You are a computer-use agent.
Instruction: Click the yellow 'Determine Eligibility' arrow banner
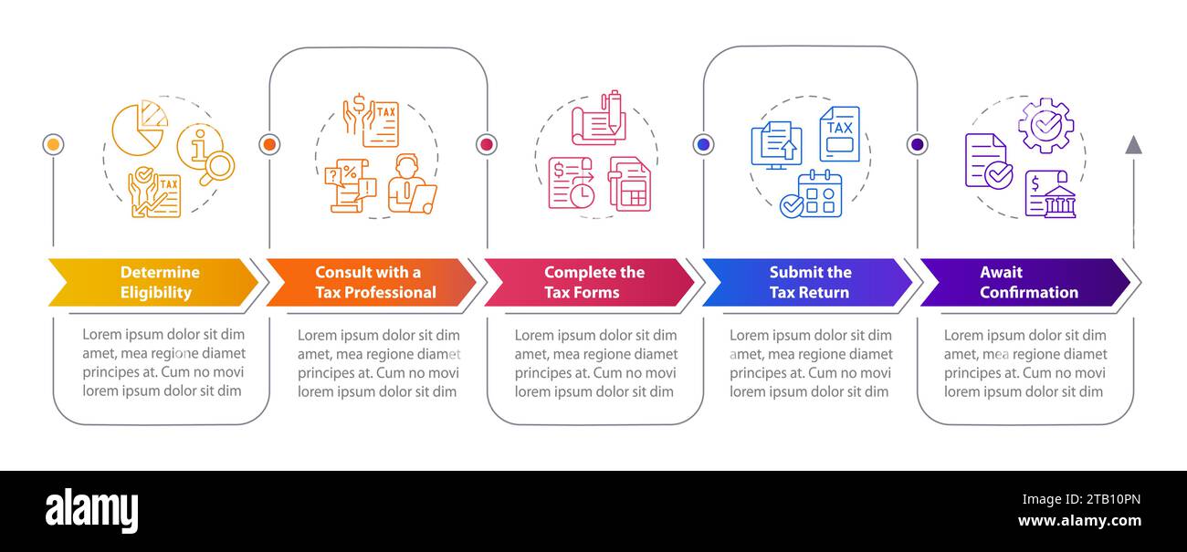[x=152, y=282]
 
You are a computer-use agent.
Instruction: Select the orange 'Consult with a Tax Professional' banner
[x=371, y=282]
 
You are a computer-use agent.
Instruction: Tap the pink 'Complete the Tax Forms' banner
[x=589, y=282]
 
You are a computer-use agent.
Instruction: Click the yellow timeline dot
[x=53, y=144]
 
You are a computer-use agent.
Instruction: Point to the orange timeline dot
[x=269, y=144]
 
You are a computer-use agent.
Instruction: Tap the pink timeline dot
[x=487, y=144]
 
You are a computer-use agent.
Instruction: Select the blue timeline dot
[x=704, y=144]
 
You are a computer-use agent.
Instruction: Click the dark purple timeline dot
[x=918, y=144]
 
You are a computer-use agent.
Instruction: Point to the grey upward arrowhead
[x=1133, y=145]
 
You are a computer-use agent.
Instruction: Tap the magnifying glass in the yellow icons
[x=217, y=168]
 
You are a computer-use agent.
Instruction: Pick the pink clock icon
[x=583, y=196]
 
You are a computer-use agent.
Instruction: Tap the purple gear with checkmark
[x=1046, y=126]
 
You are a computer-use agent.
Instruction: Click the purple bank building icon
[x=1060, y=202]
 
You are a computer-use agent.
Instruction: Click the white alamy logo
[x=91, y=510]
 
